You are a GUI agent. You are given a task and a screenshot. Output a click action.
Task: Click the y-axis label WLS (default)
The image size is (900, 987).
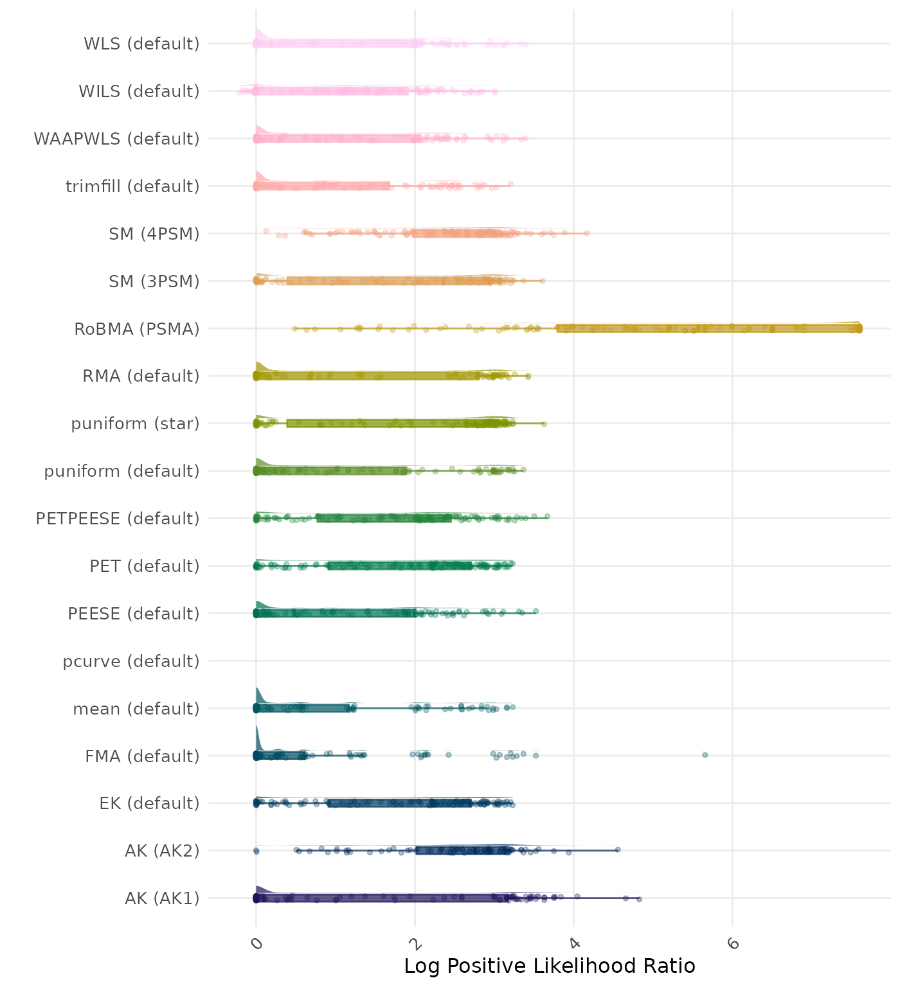(x=141, y=44)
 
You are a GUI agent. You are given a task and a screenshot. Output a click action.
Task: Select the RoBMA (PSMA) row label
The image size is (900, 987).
(x=136, y=329)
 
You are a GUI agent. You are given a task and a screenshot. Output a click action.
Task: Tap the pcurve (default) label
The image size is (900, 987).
(x=131, y=661)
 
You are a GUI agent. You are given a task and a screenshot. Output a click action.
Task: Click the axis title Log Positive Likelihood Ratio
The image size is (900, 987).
(x=549, y=966)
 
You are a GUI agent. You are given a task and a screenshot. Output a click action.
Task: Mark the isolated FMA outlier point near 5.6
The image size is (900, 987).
(x=705, y=754)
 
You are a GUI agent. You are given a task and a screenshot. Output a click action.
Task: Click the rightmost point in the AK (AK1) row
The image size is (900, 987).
(x=639, y=899)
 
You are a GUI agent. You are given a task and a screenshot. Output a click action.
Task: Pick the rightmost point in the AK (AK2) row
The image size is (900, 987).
(x=618, y=849)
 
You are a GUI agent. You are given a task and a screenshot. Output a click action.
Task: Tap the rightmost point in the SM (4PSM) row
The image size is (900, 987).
(x=587, y=233)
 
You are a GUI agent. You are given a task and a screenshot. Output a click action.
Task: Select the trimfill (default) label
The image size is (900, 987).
(x=132, y=186)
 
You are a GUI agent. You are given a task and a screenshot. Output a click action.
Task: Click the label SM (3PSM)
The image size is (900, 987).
(x=154, y=281)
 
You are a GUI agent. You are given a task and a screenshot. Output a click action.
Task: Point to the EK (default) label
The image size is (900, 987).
(x=149, y=803)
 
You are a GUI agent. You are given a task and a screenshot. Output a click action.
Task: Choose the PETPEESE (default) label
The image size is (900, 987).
(x=118, y=519)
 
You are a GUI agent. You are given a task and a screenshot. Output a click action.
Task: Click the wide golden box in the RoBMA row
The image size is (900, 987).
(x=707, y=328)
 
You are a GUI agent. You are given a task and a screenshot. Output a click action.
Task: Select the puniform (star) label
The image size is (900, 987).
(x=135, y=423)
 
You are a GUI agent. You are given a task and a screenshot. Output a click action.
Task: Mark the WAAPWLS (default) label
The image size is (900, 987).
(x=116, y=139)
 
